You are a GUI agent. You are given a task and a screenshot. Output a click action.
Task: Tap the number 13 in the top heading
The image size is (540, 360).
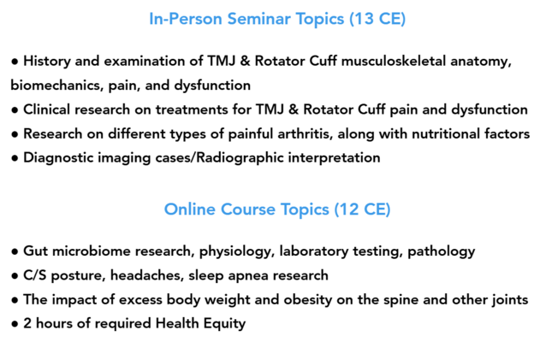(x=364, y=19)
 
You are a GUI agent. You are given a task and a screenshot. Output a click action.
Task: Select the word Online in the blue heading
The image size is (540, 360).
(x=190, y=210)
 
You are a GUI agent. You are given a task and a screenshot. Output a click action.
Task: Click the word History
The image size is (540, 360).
(x=47, y=62)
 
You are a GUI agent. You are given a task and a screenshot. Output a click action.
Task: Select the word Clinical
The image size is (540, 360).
(x=46, y=109)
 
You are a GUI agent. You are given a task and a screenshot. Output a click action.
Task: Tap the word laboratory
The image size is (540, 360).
(x=314, y=251)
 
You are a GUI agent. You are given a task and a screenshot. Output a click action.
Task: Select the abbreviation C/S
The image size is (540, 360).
(x=35, y=275)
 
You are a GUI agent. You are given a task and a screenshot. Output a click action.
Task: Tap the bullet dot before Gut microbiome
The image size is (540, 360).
(x=15, y=251)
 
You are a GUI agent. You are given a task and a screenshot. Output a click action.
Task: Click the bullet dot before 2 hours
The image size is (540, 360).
(x=15, y=324)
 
